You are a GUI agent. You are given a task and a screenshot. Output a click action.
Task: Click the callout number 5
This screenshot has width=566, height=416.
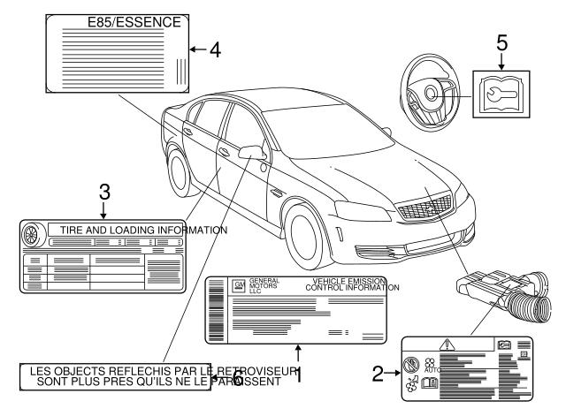(503, 41)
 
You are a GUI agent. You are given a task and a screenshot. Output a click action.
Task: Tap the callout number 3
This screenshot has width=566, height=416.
(103, 190)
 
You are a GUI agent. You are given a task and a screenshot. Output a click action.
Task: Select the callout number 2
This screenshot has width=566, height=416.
(377, 374)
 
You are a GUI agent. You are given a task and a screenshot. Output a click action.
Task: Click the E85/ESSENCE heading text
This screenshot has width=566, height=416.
(134, 20)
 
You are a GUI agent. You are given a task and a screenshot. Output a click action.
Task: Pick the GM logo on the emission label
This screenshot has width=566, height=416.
(238, 285)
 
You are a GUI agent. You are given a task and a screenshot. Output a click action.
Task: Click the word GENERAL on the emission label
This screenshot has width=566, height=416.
(264, 280)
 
